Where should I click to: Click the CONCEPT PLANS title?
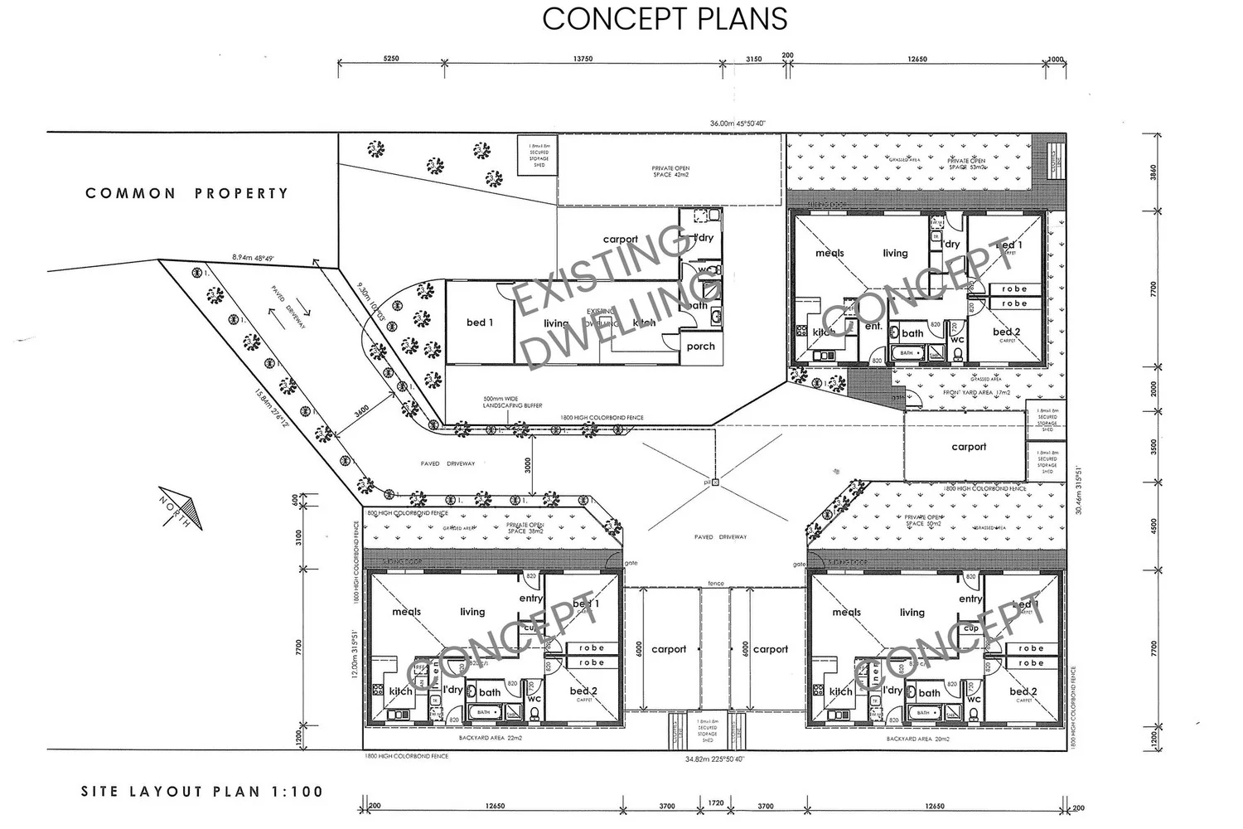click(665, 18)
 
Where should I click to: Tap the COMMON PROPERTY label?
click(187, 193)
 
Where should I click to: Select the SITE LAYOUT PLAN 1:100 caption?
click(201, 792)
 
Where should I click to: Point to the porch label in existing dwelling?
click(700, 347)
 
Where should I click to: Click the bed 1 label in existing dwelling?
click(480, 322)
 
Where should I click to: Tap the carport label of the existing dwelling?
click(620, 239)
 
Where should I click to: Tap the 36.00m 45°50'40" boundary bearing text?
click(738, 124)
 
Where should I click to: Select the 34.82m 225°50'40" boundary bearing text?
click(715, 759)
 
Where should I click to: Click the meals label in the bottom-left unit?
click(406, 612)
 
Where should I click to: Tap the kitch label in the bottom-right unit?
click(840, 691)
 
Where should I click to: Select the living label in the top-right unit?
click(895, 253)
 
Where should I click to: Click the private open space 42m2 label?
click(670, 172)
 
